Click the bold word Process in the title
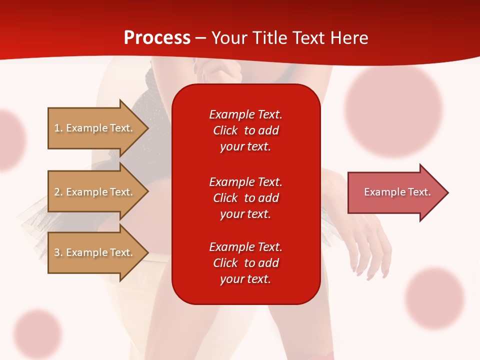tap(157, 38)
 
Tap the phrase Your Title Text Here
tap(290, 38)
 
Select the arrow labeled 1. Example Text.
tap(95, 128)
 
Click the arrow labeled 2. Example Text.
tap(95, 192)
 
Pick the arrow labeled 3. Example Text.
tap(95, 252)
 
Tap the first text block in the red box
tap(245, 130)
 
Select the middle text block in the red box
tap(245, 198)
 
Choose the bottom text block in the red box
tap(245, 263)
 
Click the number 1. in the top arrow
tap(58, 128)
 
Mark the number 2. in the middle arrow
tap(58, 192)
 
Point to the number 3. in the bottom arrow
tap(58, 252)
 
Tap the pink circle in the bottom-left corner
tap(37, 334)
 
